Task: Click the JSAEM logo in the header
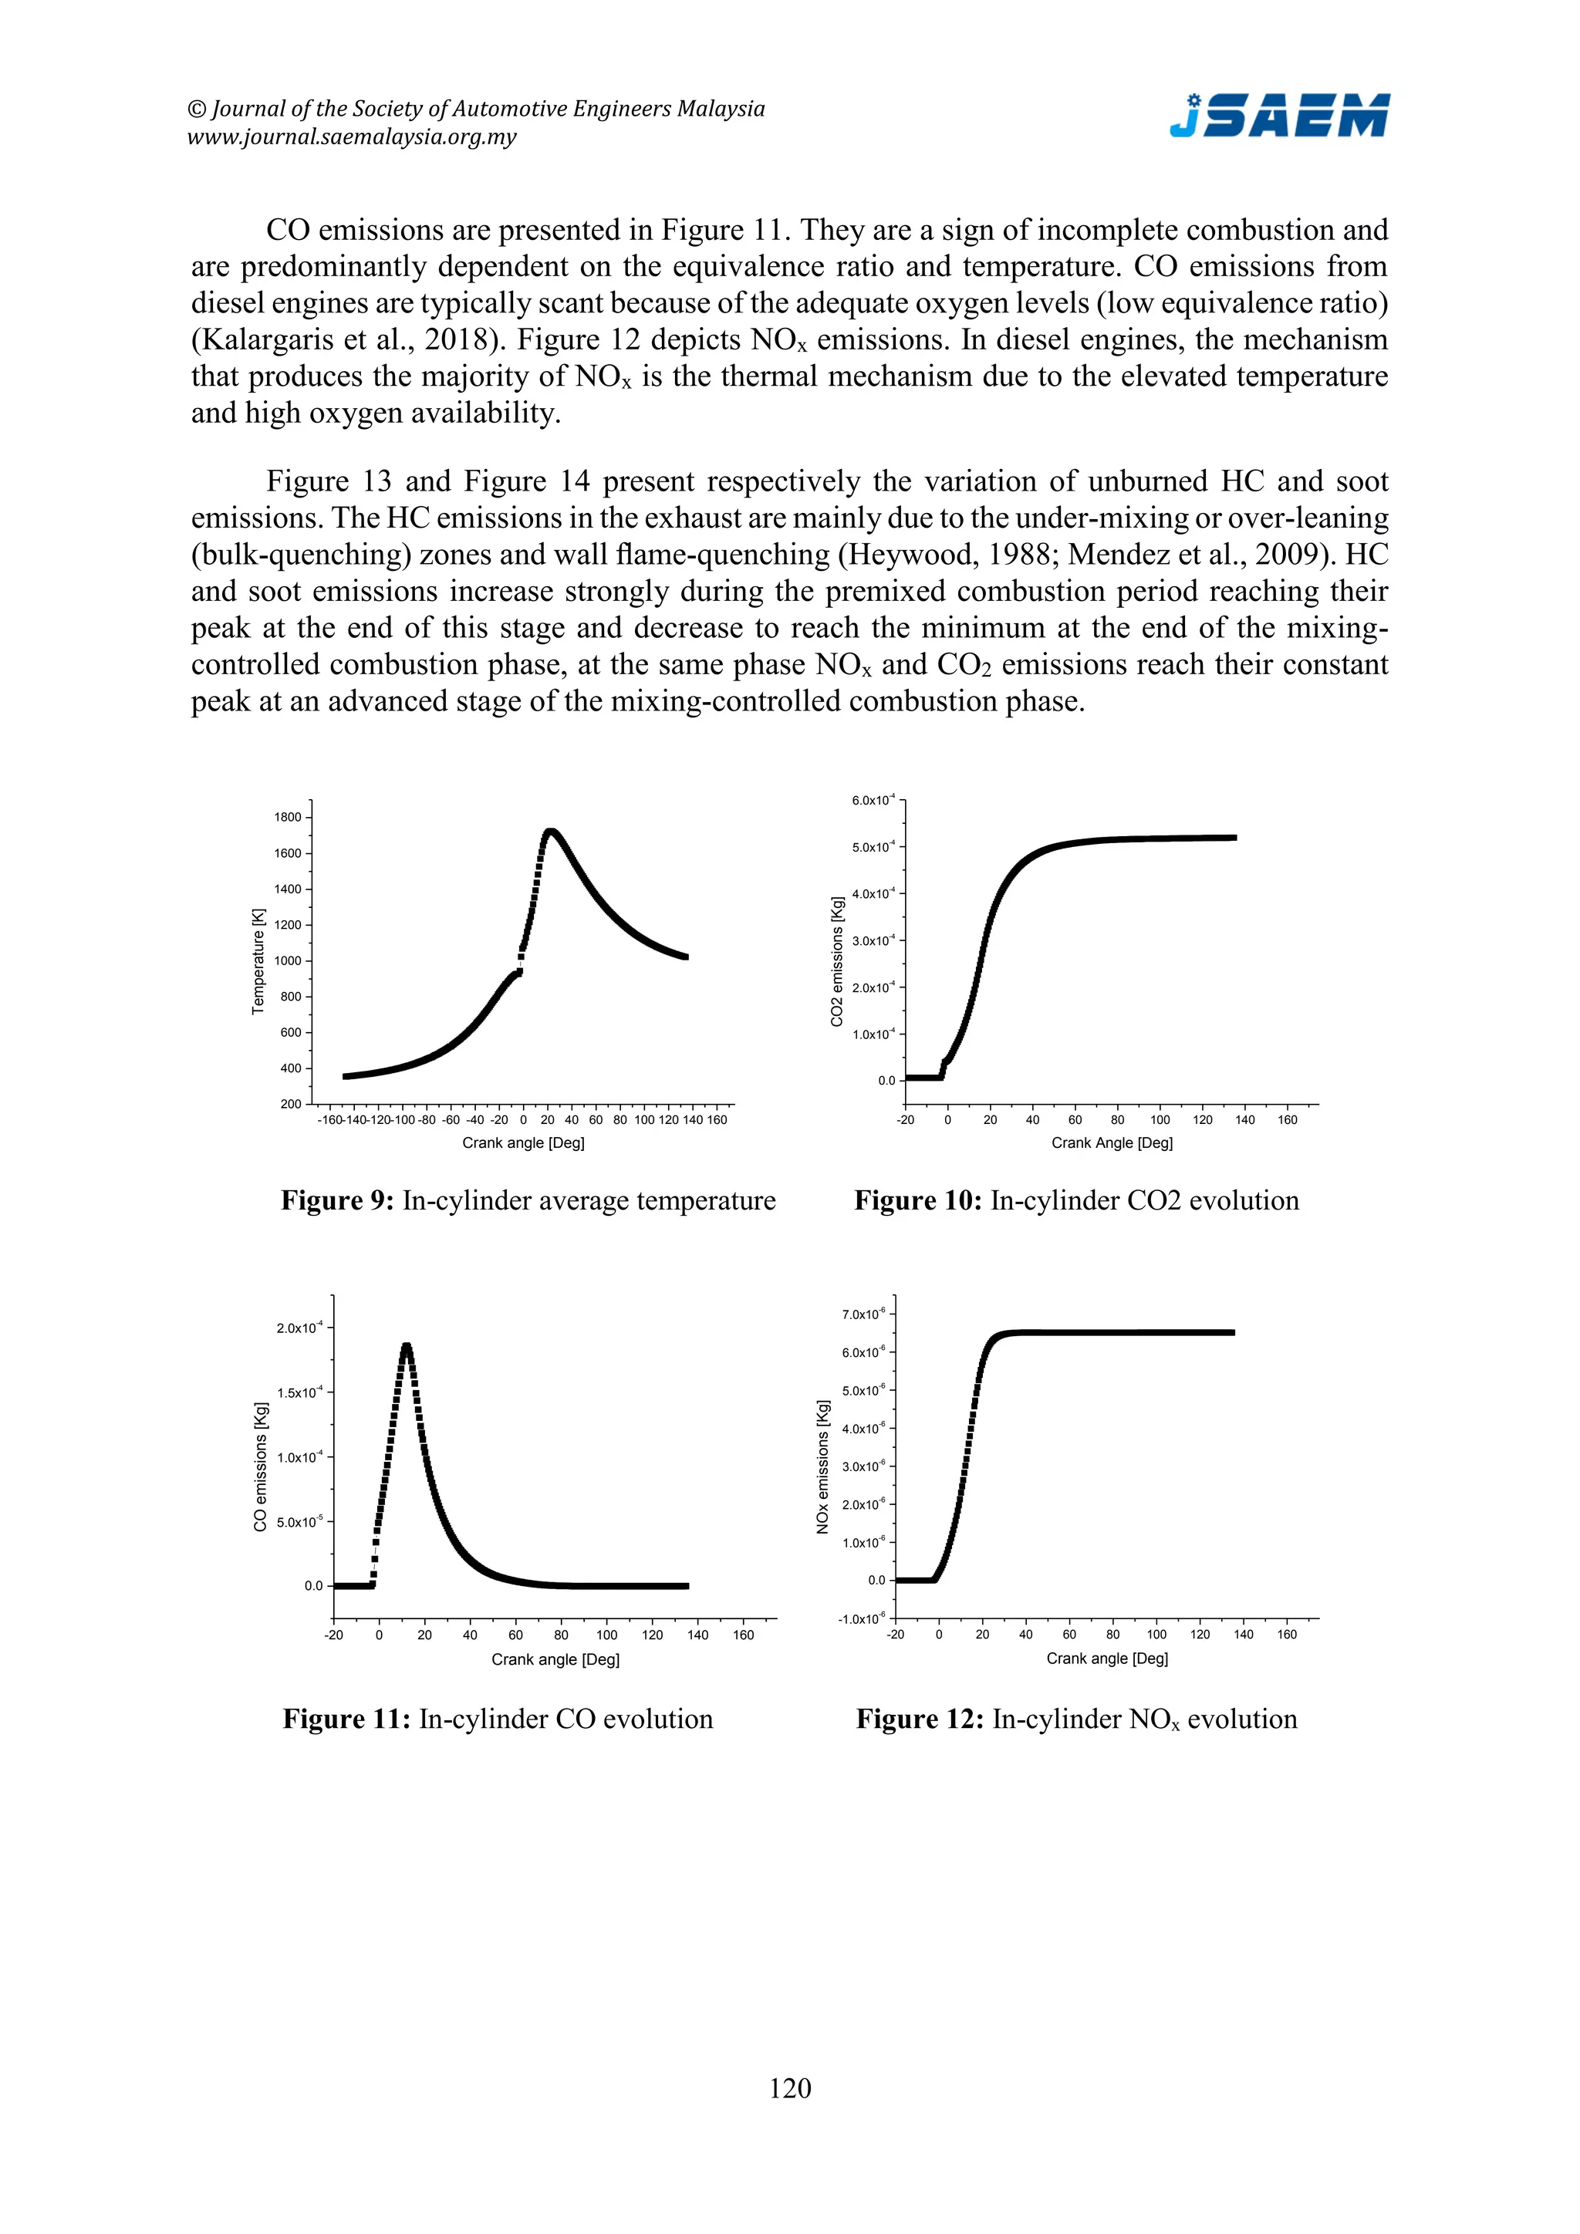click(x=1278, y=116)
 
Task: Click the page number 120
click(x=789, y=2088)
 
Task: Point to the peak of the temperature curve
click(x=551, y=832)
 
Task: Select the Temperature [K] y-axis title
click(x=258, y=961)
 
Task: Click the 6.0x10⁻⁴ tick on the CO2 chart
click(x=872, y=801)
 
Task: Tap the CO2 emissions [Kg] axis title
click(x=837, y=961)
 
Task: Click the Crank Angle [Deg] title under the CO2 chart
click(x=1111, y=1142)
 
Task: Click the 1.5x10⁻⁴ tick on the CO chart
click(x=298, y=1392)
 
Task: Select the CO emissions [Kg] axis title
click(x=260, y=1466)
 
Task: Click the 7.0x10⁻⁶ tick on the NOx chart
click(x=863, y=1314)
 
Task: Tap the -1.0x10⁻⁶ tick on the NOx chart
click(x=861, y=1618)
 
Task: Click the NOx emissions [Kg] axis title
click(x=822, y=1466)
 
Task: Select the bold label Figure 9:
click(x=336, y=1200)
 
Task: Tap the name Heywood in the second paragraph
click(x=898, y=555)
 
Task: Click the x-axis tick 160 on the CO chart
click(x=743, y=1635)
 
